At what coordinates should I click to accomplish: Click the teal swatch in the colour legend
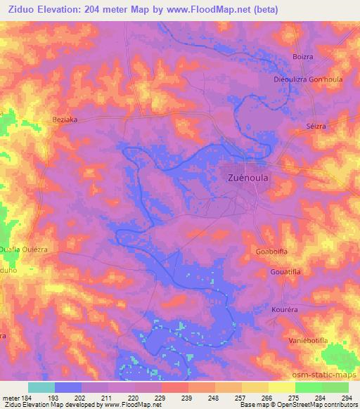[41, 387]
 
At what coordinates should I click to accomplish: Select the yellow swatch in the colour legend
[281, 387]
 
